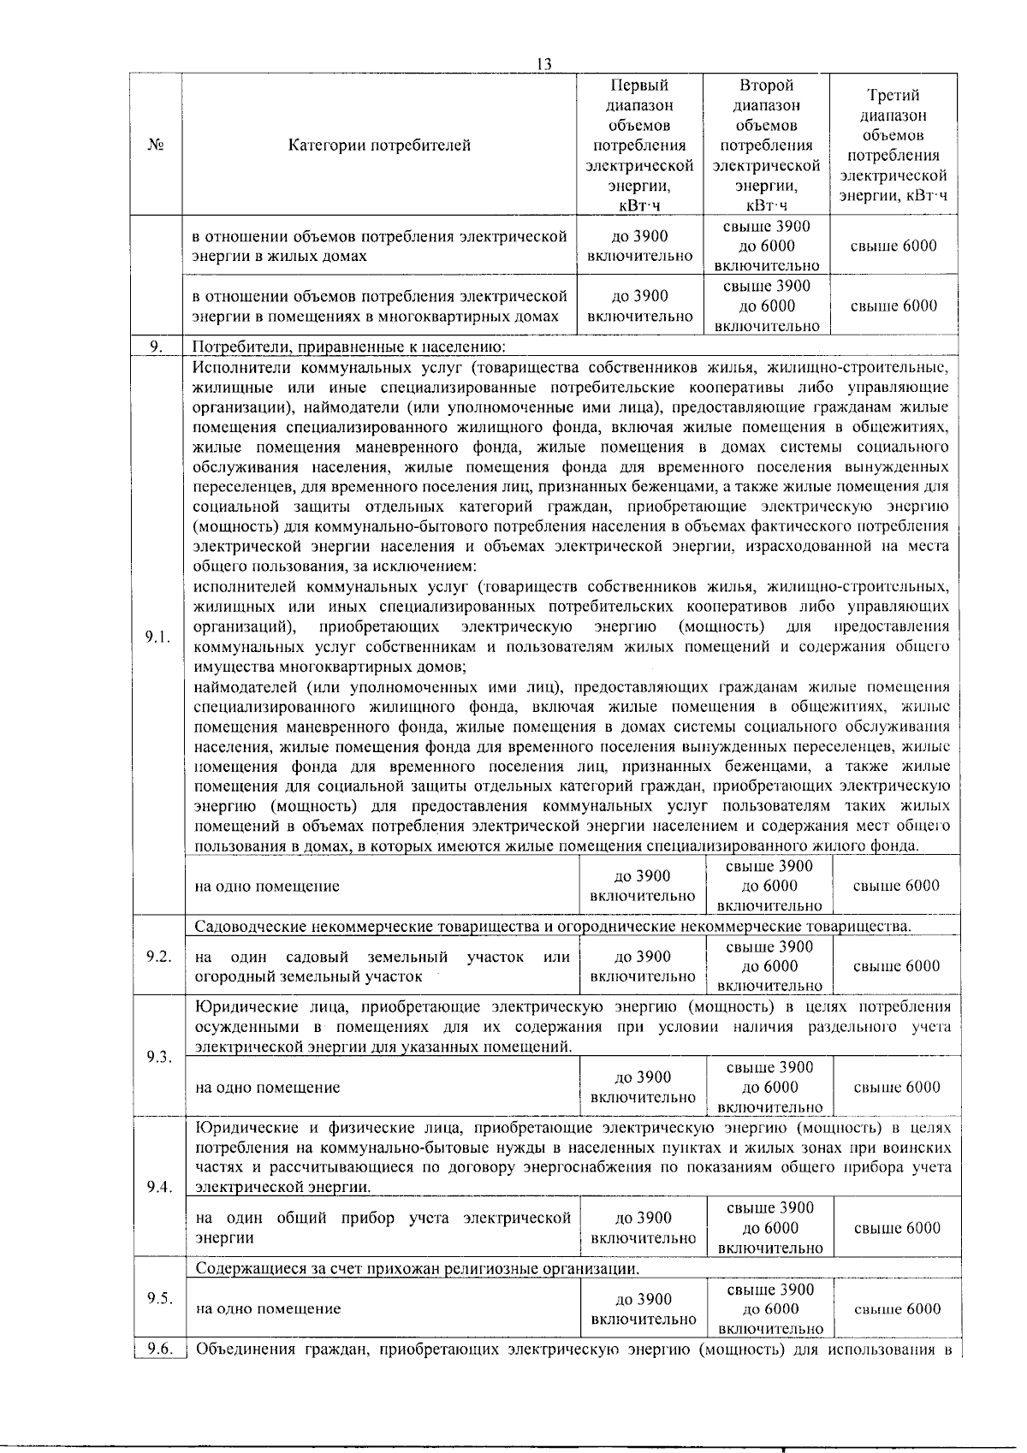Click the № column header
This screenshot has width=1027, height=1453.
coord(156,145)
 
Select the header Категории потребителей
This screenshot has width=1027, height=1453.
coord(379,145)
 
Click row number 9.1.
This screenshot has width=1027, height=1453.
coord(157,637)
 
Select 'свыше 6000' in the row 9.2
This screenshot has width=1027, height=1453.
coord(896,966)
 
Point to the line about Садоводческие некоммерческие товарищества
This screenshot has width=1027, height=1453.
coord(553,927)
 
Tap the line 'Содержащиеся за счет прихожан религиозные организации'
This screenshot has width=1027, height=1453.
coord(417,1268)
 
